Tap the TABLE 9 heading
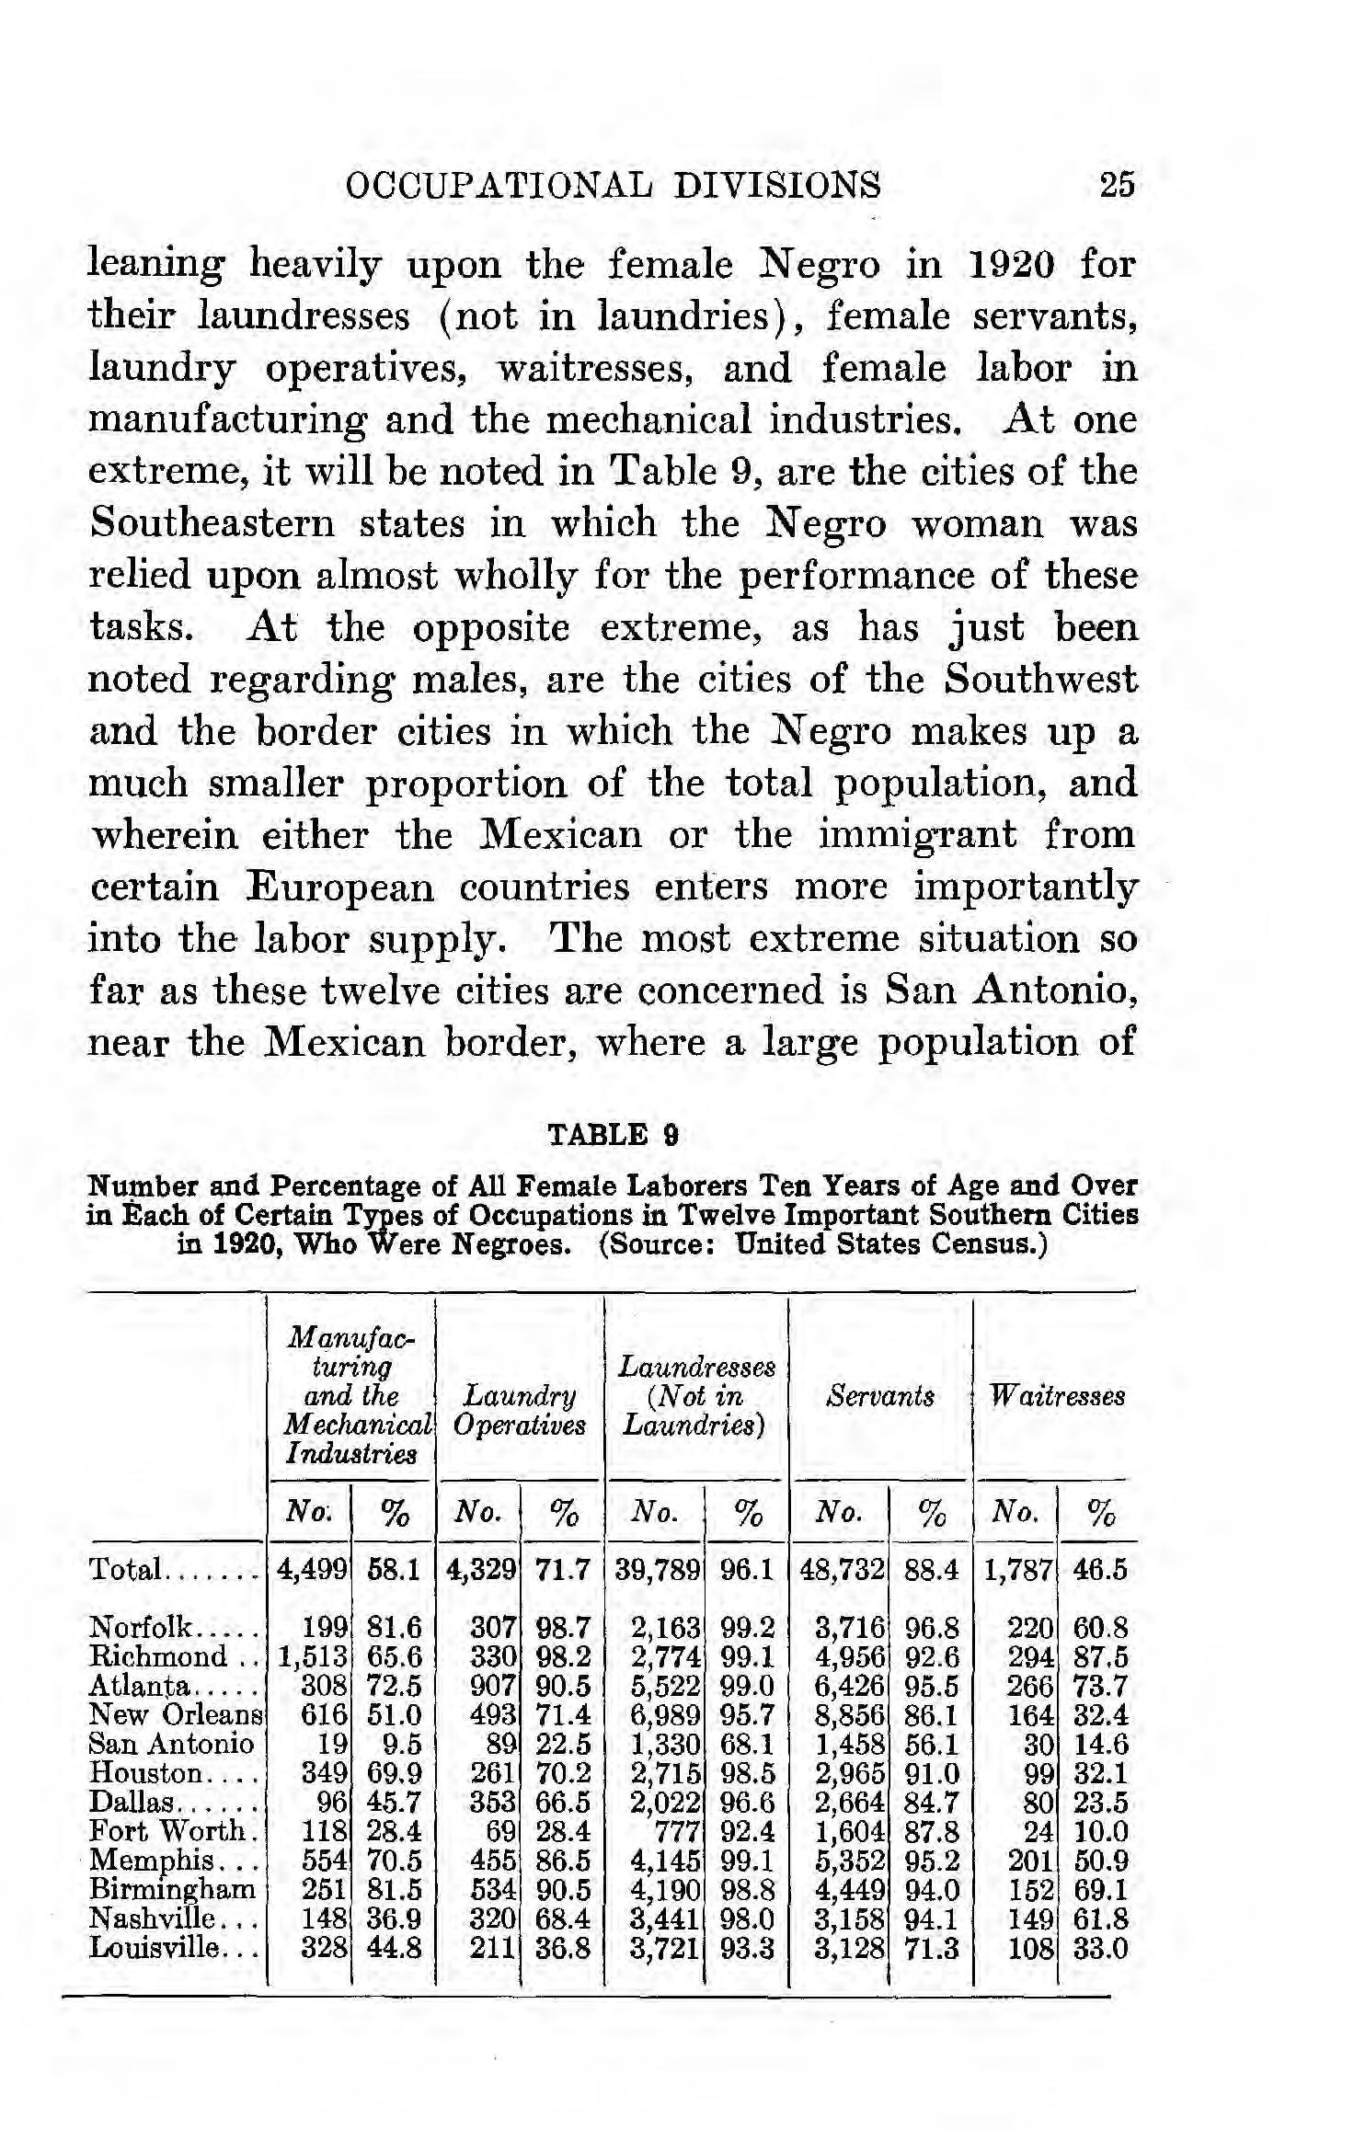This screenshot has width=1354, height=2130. [613, 1134]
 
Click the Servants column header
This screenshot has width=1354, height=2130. [880, 1396]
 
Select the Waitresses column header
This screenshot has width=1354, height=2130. [1057, 1396]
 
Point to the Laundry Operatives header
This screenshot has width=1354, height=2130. [520, 1410]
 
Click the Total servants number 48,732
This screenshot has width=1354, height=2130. [843, 1569]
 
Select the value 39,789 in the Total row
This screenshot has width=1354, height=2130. [657, 1569]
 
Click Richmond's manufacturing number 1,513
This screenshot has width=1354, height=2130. [314, 1656]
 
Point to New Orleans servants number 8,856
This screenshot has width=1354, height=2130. [850, 1714]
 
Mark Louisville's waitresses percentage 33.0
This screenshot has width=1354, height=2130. [1100, 1947]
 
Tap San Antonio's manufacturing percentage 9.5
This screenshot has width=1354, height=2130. [401, 1744]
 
